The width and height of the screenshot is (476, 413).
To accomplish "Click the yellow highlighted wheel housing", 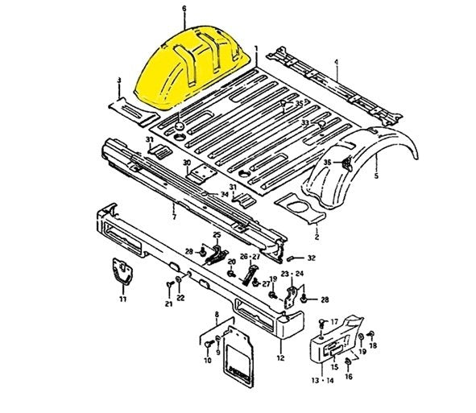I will pos(181,68).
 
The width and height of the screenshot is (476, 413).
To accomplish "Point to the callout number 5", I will pos(377,173).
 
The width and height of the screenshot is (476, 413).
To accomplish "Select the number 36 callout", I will pos(327,163).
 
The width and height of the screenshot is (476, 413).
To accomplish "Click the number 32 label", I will pos(312,258).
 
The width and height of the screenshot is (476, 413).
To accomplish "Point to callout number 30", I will pos(186,163).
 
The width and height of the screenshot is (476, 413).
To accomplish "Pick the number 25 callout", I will pos(216,234).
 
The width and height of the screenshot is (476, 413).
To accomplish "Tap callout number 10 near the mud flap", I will pos(207,360).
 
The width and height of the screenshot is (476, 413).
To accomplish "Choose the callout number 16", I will pos(348,376).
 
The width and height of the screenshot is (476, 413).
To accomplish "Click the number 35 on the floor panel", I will pos(299,104).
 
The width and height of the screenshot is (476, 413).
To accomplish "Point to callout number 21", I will pos(169,304).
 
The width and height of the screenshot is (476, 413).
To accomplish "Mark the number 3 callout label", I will pos(118,81).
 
